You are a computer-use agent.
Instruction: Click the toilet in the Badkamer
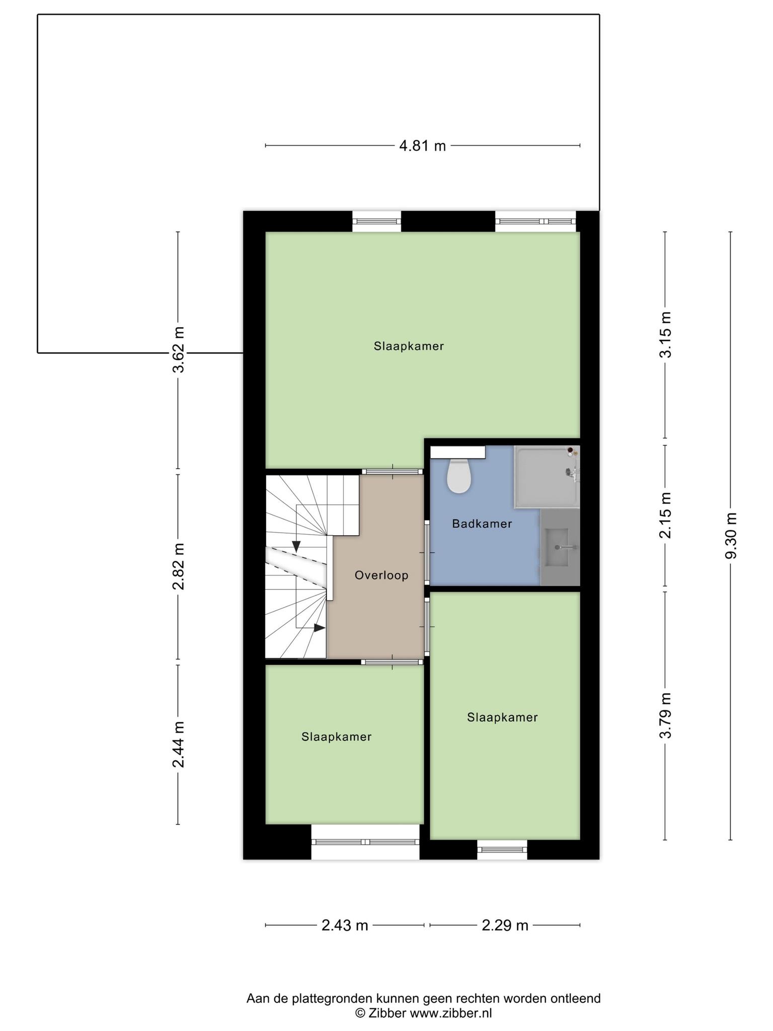point(458,476)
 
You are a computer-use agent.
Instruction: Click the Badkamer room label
point(482,524)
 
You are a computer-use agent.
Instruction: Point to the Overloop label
point(381,575)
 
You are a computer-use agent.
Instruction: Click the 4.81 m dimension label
point(422,146)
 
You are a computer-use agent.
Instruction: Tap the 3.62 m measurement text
point(178,349)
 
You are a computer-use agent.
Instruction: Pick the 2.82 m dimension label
point(178,566)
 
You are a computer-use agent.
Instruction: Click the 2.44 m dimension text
point(178,744)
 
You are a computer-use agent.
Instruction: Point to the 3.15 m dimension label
point(665,334)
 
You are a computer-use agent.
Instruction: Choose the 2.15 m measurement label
point(665,515)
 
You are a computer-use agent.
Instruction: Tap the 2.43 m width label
point(345,925)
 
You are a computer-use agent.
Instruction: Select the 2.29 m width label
point(505,925)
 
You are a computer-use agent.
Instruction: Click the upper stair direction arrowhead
point(296,546)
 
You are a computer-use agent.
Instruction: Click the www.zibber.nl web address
point(451,1013)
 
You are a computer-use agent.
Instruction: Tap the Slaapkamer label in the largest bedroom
point(409,346)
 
